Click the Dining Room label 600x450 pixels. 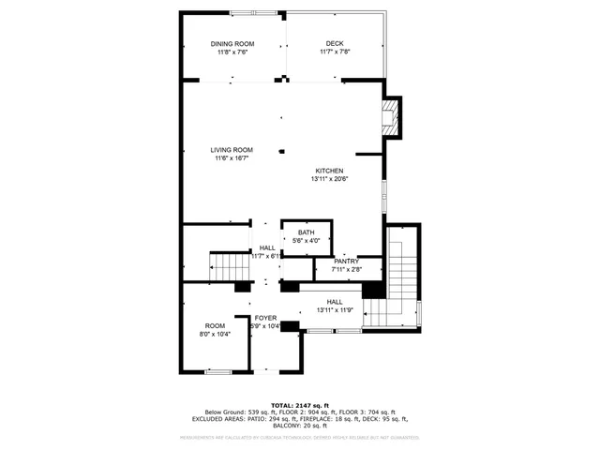pyautogui.click(x=232, y=44)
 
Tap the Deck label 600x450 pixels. pyautogui.click(x=335, y=44)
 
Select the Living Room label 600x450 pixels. pyautogui.click(x=232, y=150)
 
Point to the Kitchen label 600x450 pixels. pyautogui.click(x=335, y=171)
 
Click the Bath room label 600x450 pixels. pyautogui.click(x=307, y=233)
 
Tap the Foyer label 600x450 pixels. pyautogui.click(x=265, y=319)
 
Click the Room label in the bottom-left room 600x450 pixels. pyautogui.click(x=214, y=326)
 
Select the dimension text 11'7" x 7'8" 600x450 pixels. pyautogui.click(x=335, y=52)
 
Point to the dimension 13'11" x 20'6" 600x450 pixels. pyautogui.click(x=335, y=179)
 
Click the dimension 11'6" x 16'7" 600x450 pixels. pyautogui.click(x=232, y=158)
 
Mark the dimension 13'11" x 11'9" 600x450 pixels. pyautogui.click(x=335, y=309)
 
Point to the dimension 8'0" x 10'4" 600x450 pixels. pyautogui.click(x=214, y=335)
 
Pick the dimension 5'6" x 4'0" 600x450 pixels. pyautogui.click(x=307, y=242)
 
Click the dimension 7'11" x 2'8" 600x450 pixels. pyautogui.click(x=347, y=270)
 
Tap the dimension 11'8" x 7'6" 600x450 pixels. pyautogui.click(x=232, y=52)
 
